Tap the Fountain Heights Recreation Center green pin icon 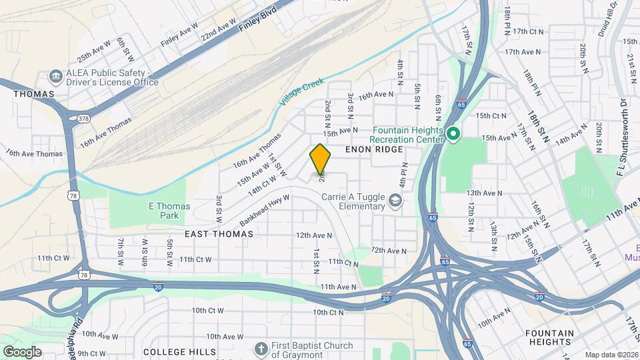453,135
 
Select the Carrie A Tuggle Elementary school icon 395,201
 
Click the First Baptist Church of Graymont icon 261,349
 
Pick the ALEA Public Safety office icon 55,77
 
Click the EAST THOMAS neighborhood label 219,234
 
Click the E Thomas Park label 164,211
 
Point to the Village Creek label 301,92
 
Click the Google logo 22,351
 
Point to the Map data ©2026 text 611,355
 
